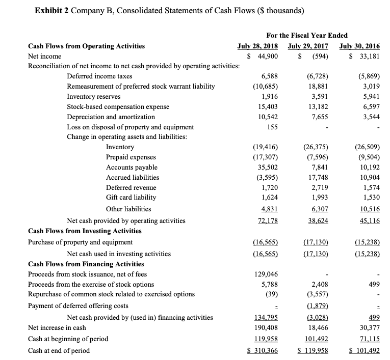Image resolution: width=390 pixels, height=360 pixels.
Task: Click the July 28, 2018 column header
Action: click(262, 46)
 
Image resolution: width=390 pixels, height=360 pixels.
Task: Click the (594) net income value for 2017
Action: click(313, 56)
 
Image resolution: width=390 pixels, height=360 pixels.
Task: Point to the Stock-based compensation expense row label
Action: click(118, 107)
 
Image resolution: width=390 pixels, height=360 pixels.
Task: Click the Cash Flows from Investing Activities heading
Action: click(85, 231)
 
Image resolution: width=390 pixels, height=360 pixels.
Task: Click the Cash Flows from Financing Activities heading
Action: click(86, 264)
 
